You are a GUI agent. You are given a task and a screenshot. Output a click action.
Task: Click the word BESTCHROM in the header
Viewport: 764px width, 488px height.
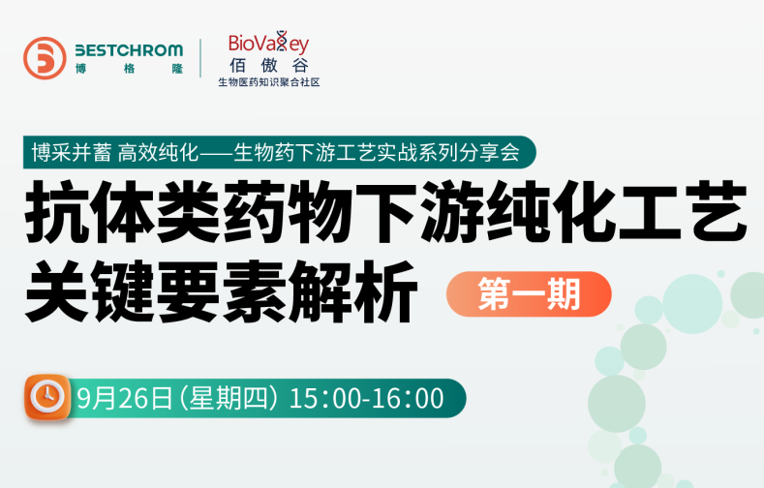point(129,49)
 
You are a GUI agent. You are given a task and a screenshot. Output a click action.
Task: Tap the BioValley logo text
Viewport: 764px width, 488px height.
point(268,44)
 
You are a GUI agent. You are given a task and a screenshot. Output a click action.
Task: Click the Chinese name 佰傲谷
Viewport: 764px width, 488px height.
point(268,66)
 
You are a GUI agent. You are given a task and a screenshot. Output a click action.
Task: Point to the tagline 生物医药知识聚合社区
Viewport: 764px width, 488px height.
point(268,82)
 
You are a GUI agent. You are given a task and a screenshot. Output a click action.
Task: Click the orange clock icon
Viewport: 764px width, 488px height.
point(46,397)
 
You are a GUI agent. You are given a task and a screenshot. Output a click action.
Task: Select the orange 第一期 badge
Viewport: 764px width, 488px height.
point(529,293)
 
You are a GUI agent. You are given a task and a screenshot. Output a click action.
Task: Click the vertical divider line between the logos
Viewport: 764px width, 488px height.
point(200,58)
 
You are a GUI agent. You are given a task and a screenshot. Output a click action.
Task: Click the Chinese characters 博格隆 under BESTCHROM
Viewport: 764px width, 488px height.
point(129,69)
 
